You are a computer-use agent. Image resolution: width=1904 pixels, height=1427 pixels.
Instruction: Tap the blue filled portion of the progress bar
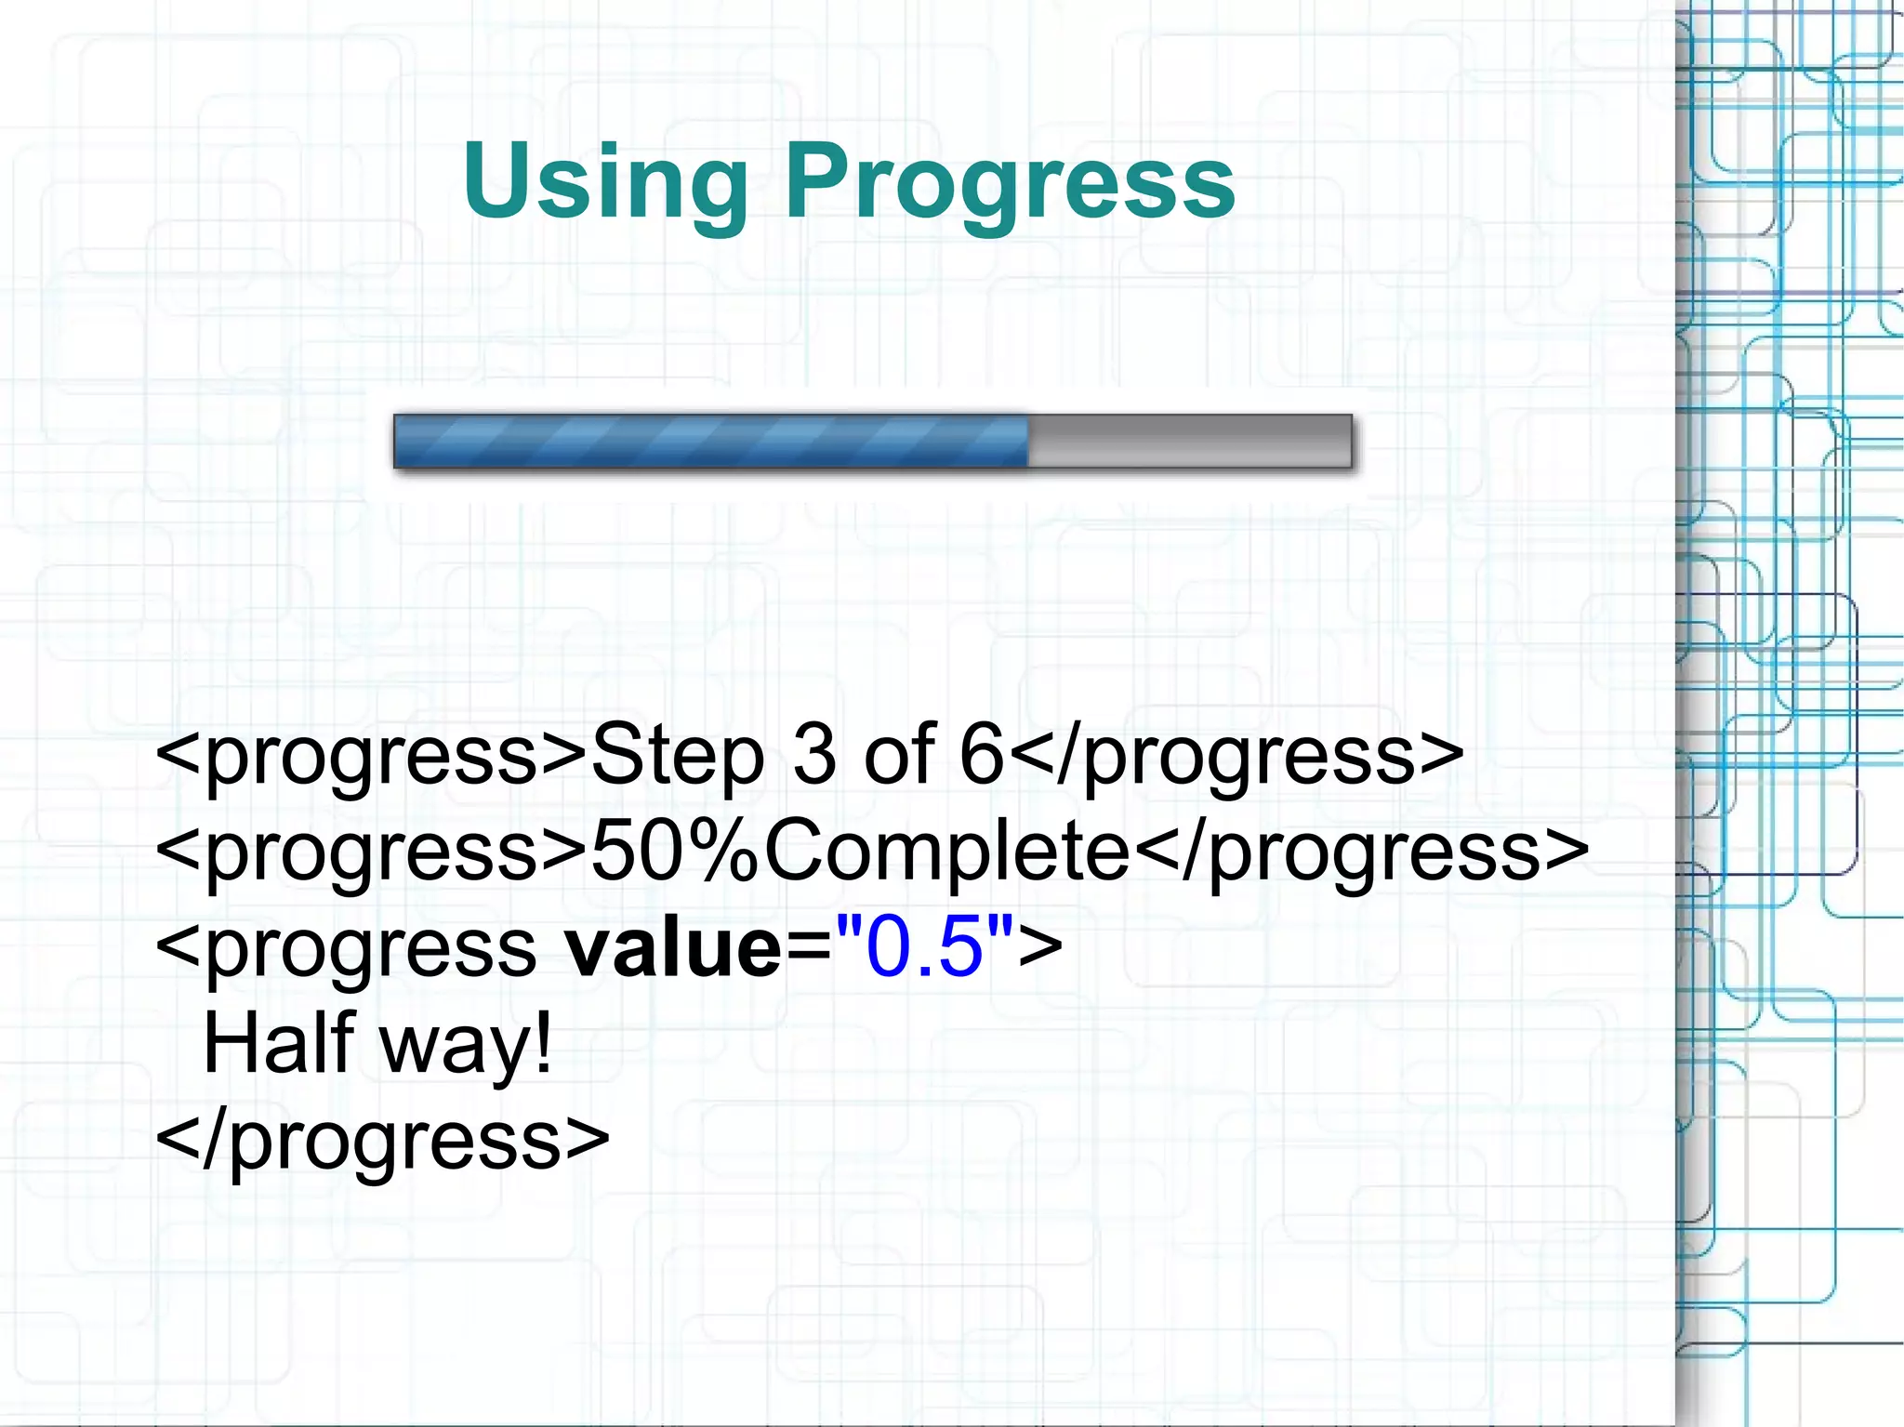pos(710,442)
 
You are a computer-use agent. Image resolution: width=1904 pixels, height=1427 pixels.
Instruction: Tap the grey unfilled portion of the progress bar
pos(1189,442)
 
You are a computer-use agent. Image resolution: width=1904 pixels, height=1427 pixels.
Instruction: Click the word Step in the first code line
pos(677,755)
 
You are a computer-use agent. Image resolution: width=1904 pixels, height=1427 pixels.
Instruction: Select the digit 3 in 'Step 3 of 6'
pos(814,755)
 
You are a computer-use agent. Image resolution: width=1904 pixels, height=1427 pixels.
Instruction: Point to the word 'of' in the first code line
pos(899,755)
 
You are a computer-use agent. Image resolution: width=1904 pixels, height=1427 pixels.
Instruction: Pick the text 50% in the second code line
pos(675,852)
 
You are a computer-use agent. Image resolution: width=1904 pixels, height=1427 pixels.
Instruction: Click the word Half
pos(278,1043)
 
